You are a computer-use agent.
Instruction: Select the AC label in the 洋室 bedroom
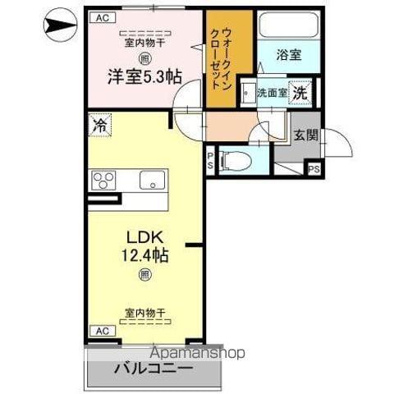coord(102,16)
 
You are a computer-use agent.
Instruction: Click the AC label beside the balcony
coord(101,331)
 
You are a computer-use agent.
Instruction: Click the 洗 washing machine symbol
coord(301,93)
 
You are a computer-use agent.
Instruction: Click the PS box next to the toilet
coord(211,160)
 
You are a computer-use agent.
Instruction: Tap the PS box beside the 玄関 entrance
coord(314,169)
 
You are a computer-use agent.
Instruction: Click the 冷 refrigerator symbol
coord(99,126)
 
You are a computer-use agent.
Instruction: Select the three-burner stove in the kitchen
coord(105,180)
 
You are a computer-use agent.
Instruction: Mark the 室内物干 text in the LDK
coord(145,313)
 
